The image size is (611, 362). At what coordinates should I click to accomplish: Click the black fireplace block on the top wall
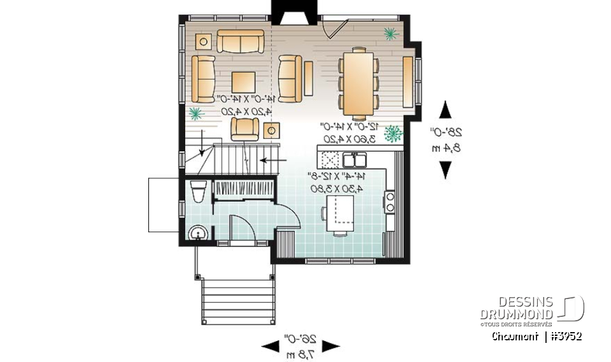point(288,12)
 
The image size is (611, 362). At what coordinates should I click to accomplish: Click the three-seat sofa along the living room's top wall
point(241,41)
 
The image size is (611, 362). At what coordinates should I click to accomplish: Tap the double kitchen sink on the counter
point(351,158)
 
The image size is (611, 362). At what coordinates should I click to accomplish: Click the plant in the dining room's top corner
point(389,32)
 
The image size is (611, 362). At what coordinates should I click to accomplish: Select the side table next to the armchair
point(272,130)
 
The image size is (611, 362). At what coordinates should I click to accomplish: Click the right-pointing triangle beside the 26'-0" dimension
point(330,346)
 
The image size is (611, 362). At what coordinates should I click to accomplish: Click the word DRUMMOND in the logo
point(517,315)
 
